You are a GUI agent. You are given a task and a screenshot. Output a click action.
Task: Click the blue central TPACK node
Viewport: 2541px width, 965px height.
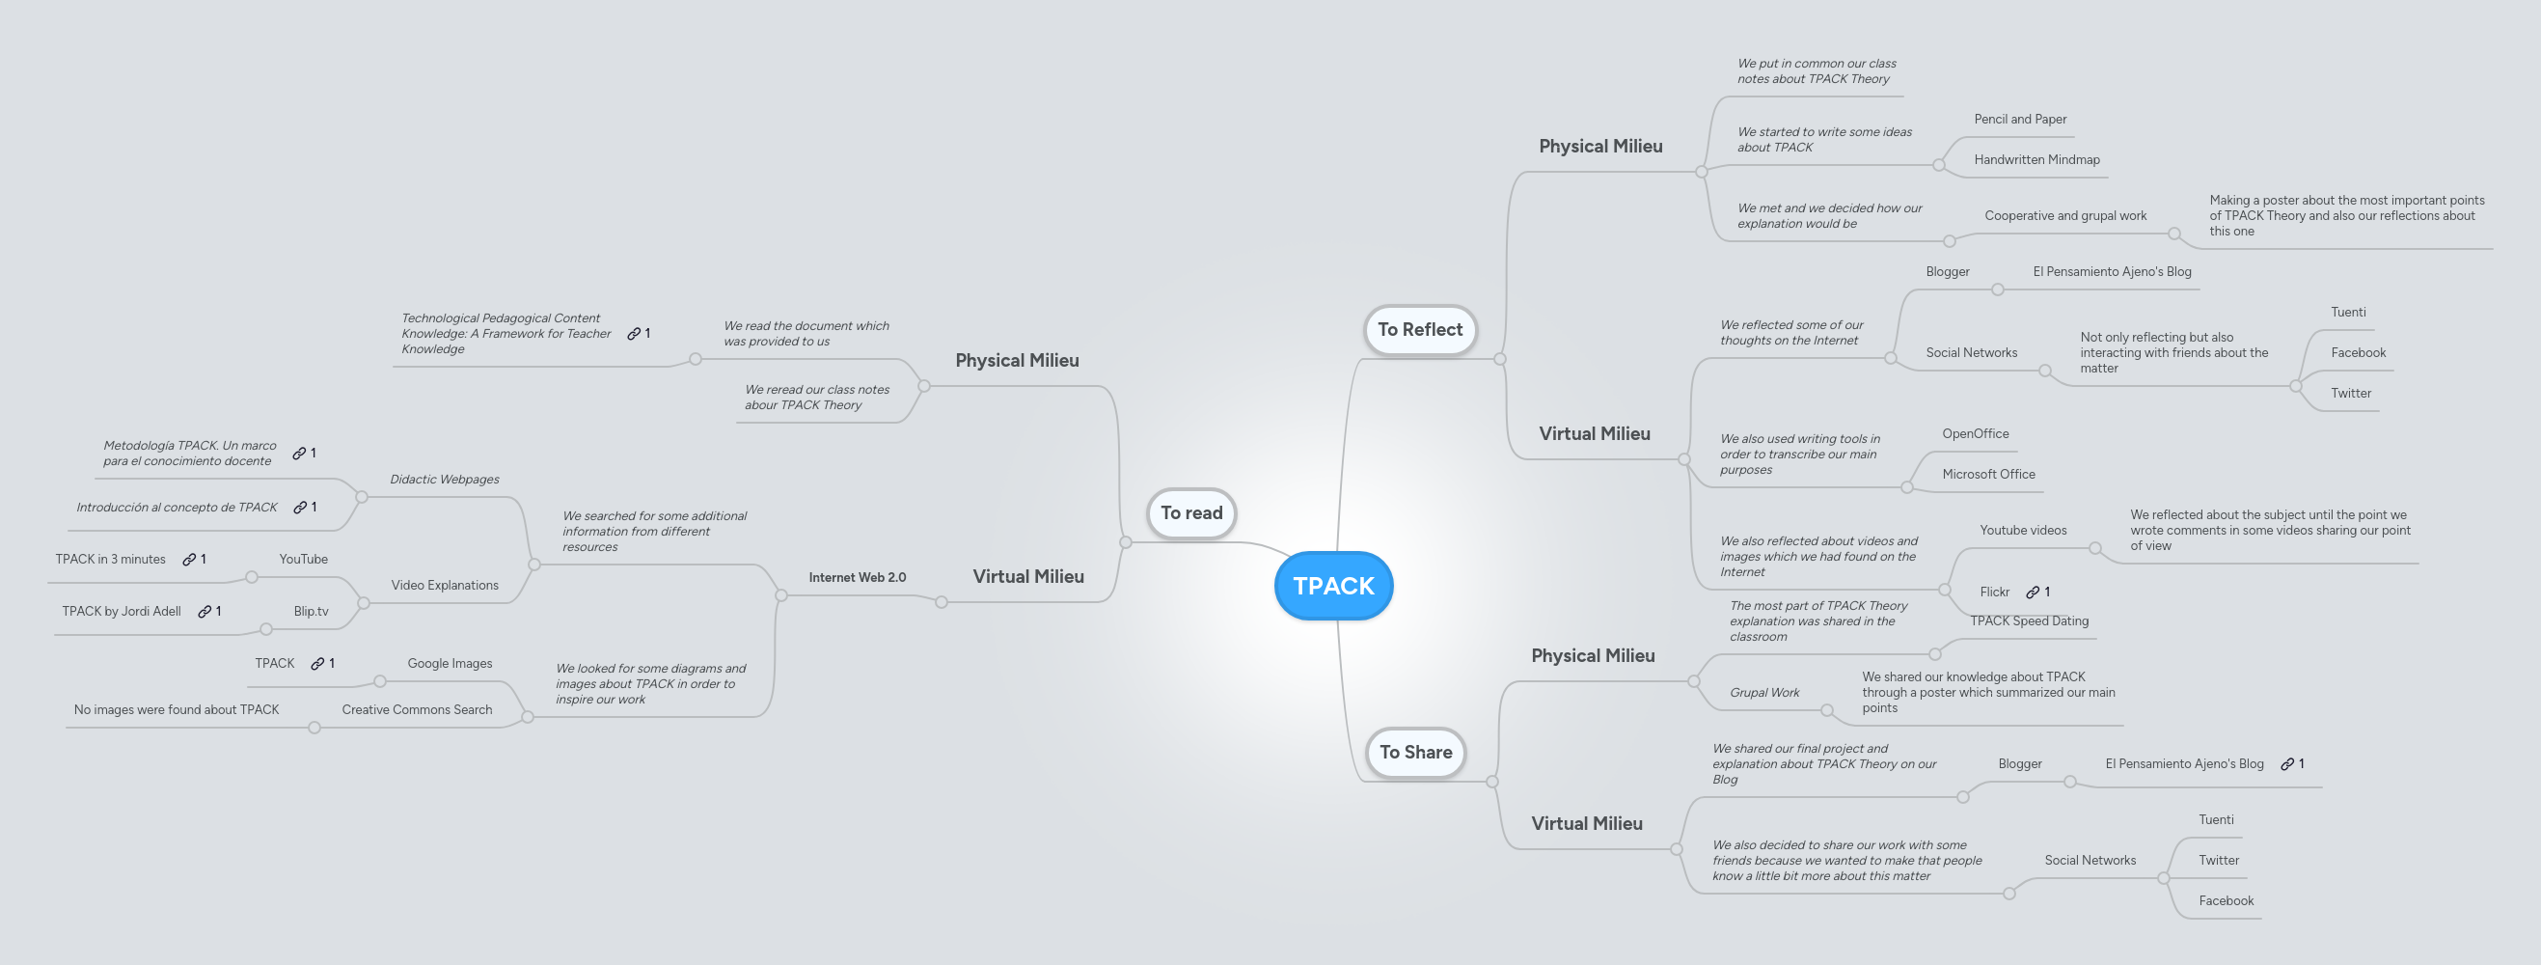(x=1332, y=586)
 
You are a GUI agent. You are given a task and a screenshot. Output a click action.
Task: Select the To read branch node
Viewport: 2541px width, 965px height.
(x=1190, y=513)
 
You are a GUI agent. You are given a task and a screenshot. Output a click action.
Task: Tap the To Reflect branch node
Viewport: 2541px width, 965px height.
(x=1419, y=330)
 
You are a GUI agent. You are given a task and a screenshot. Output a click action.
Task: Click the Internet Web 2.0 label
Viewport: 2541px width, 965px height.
(x=857, y=577)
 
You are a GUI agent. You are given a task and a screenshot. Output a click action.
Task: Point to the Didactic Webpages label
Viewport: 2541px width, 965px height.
(x=444, y=480)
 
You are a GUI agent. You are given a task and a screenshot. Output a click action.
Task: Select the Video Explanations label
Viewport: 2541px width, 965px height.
(x=444, y=585)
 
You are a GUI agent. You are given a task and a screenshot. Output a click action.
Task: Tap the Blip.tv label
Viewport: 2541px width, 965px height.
(x=311, y=612)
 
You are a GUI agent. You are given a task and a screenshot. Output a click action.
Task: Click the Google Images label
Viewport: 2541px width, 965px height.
(x=449, y=663)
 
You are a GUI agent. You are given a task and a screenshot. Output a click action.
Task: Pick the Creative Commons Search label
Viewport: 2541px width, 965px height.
(x=417, y=709)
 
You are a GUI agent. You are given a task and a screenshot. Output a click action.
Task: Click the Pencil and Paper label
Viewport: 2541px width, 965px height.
(x=2019, y=120)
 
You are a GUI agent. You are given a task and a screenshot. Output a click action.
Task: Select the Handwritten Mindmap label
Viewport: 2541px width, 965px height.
(x=2036, y=160)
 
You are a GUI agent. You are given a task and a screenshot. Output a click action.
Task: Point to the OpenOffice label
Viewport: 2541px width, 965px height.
(x=1975, y=434)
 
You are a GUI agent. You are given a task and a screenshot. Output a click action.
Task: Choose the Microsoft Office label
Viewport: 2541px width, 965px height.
(x=1987, y=475)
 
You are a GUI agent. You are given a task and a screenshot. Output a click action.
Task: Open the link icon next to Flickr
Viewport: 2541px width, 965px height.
(x=2032, y=592)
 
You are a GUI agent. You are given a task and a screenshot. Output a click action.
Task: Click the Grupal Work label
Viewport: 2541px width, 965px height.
(x=1763, y=693)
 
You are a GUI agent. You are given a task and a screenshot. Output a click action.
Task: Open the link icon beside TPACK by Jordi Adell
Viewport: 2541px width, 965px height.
(x=205, y=612)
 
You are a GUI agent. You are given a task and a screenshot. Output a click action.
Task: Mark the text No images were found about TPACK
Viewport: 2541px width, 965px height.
(x=176, y=709)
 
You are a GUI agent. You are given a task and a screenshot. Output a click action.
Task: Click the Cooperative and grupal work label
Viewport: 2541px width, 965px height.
(x=2064, y=216)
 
